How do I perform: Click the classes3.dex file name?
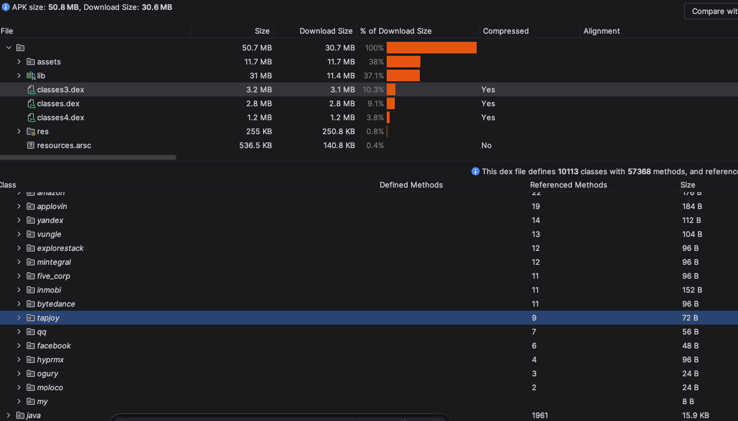pyautogui.click(x=60, y=89)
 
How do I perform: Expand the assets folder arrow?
pyautogui.click(x=19, y=62)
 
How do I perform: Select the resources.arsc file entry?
pyautogui.click(x=64, y=145)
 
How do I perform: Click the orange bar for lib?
pyautogui.click(x=403, y=75)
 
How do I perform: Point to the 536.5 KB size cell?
pyautogui.click(x=255, y=145)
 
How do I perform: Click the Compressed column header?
pyautogui.click(x=506, y=31)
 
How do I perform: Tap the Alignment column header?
pyautogui.click(x=602, y=31)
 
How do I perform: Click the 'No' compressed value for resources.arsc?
pyautogui.click(x=486, y=145)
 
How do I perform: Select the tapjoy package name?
pyautogui.click(x=48, y=318)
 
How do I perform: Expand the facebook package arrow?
pyautogui.click(x=19, y=346)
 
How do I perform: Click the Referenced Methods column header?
pyautogui.click(x=568, y=185)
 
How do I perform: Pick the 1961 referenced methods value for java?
pyautogui.click(x=539, y=415)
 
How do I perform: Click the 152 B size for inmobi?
pyautogui.click(x=692, y=290)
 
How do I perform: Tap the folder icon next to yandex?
pyautogui.click(x=31, y=220)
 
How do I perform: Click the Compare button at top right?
pyautogui.click(x=712, y=11)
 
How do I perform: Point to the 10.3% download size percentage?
pyautogui.click(x=373, y=89)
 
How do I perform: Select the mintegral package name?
pyautogui.click(x=53, y=262)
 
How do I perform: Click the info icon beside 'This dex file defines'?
pyautogui.click(x=475, y=171)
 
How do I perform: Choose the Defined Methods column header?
pyautogui.click(x=411, y=185)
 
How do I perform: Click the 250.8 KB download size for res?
pyautogui.click(x=339, y=131)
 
